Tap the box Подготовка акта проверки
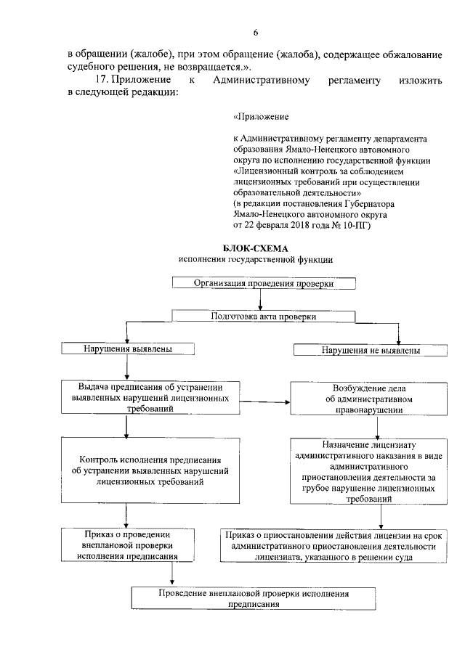264,317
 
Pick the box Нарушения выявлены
128,349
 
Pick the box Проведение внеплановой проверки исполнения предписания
254,598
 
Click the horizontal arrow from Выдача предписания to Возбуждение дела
264,400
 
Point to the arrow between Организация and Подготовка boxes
260,299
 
